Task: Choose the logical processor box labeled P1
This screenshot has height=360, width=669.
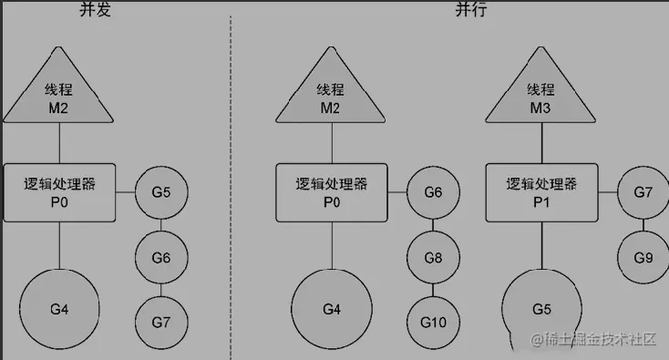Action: [540, 192]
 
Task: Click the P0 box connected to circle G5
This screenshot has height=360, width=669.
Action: [59, 192]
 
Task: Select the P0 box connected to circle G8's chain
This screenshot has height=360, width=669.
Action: [331, 192]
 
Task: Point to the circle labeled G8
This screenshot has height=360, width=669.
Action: [433, 258]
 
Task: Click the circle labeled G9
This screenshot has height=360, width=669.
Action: [643, 257]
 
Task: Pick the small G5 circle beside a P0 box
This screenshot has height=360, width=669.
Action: [161, 193]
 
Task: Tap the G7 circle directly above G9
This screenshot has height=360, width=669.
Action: [643, 193]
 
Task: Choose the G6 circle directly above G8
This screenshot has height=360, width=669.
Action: [433, 193]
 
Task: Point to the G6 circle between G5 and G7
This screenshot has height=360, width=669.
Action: [161, 258]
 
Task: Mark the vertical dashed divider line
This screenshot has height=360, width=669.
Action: [230, 182]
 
